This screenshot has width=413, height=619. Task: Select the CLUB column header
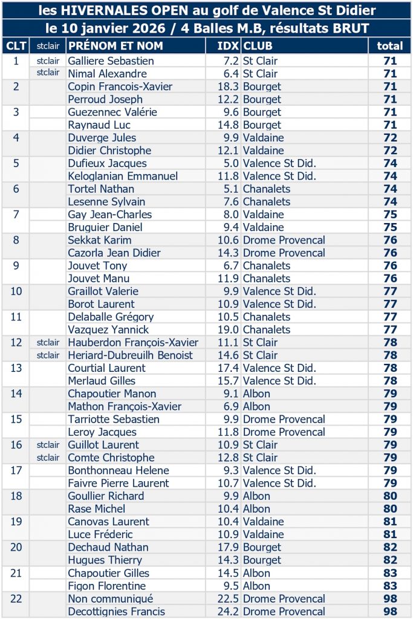click(258, 46)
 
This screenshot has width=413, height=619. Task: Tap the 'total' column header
click(389, 46)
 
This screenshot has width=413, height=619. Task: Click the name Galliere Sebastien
click(111, 61)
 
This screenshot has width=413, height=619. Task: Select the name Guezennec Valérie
click(112, 112)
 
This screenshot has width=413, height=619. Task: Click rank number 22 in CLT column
click(16, 598)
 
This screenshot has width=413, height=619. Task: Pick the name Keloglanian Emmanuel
click(123, 176)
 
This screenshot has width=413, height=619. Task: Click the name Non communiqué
click(110, 598)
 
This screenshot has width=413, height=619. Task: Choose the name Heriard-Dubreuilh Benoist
click(131, 355)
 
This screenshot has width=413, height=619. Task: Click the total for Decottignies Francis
click(389, 611)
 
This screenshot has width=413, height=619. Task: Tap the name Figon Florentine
click(106, 586)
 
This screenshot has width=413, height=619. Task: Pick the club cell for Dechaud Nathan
click(262, 547)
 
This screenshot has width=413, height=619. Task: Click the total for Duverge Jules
click(389, 138)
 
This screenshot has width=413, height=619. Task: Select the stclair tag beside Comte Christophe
click(48, 458)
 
